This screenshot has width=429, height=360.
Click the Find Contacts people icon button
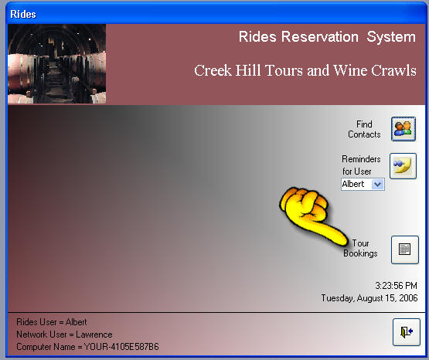(x=403, y=129)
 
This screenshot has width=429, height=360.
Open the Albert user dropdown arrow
(x=378, y=184)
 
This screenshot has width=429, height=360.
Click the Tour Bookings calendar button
(x=404, y=250)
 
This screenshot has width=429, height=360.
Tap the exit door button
(x=407, y=332)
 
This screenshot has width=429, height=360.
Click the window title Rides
(x=23, y=14)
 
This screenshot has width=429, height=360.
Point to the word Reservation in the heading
(x=320, y=36)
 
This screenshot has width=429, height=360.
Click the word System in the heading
(x=391, y=37)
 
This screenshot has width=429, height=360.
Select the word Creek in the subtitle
(x=213, y=70)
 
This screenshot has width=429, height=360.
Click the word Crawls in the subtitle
(x=393, y=70)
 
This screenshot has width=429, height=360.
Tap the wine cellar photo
(x=57, y=64)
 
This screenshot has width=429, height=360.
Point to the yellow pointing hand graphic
(x=313, y=215)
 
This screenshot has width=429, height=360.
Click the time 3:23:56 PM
(x=397, y=286)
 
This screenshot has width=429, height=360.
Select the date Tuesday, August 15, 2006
(x=369, y=298)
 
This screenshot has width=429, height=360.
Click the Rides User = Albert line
(x=52, y=322)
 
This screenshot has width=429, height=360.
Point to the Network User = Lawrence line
(x=64, y=335)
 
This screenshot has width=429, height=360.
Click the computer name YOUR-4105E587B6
(x=121, y=347)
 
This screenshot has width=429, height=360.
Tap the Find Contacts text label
(x=364, y=129)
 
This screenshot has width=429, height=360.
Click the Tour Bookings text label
(x=360, y=249)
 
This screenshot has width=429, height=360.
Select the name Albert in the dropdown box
(x=353, y=184)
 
